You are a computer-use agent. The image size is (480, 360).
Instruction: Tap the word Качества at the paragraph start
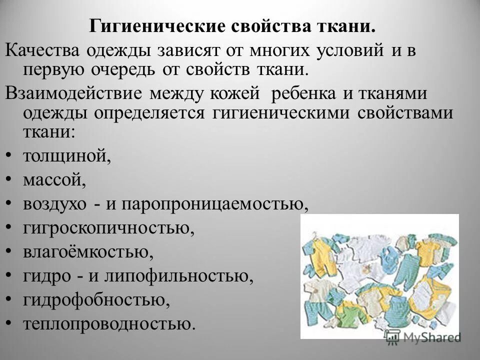(40, 50)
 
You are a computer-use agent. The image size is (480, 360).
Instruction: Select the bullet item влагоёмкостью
(88, 252)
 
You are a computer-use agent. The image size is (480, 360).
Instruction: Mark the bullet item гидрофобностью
(93, 300)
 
